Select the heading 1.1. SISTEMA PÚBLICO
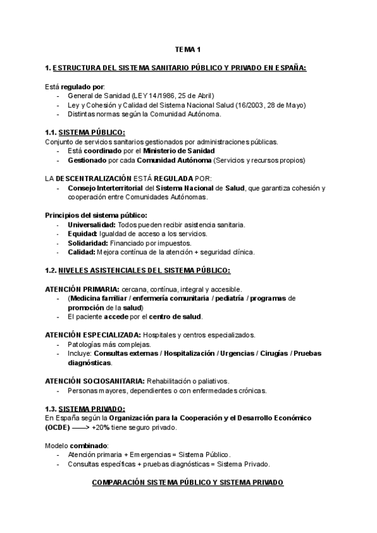(85, 132)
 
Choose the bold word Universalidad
(92, 225)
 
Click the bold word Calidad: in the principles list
(82, 252)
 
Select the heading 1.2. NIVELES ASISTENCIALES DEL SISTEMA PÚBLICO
(138, 271)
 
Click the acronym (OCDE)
(58, 427)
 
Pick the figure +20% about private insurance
(102, 427)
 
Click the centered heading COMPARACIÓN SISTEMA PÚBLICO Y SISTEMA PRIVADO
(188, 482)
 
